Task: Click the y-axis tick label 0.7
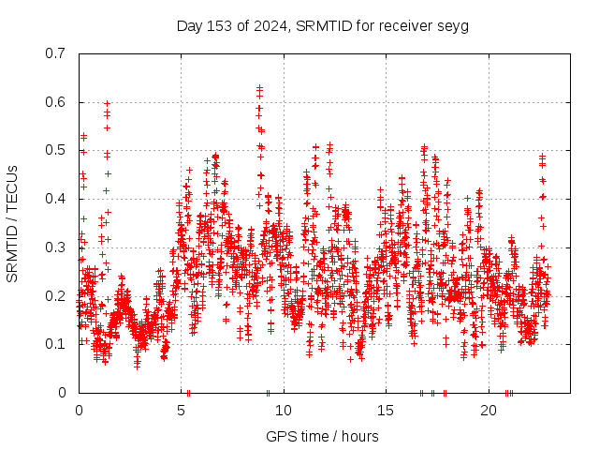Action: [58, 53]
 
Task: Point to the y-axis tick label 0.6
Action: [58, 102]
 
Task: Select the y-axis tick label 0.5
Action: [58, 150]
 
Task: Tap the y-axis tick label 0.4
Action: [58, 199]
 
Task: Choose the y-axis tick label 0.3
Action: [58, 247]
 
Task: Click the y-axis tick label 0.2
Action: [58, 295]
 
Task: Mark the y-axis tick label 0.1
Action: [58, 344]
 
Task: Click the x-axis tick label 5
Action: [181, 411]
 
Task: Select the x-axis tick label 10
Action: [283, 411]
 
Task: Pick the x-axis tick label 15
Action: [386, 411]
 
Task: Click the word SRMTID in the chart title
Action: [321, 25]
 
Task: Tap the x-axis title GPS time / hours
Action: [322, 436]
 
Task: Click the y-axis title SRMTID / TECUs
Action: [12, 223]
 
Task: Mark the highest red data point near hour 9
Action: [259, 87]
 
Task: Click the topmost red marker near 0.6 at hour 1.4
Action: [107, 103]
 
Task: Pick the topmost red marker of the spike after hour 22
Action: [542, 156]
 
